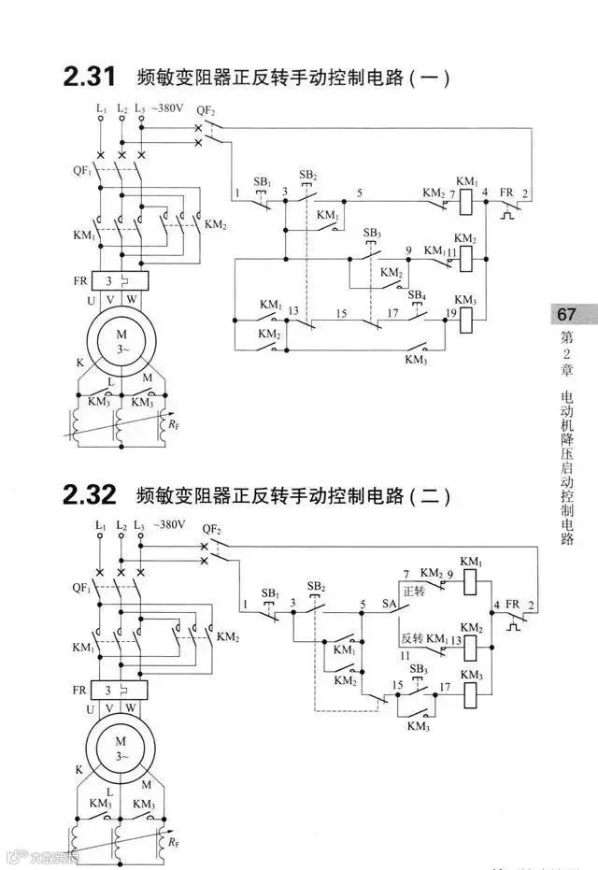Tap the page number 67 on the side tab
coord(567,315)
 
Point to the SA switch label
coord(390,605)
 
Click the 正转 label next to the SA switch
coord(414,592)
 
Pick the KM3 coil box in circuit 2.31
coord(467,319)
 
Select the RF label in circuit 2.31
coord(174,426)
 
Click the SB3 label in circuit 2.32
coord(417,670)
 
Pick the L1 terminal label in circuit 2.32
coord(100,527)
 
